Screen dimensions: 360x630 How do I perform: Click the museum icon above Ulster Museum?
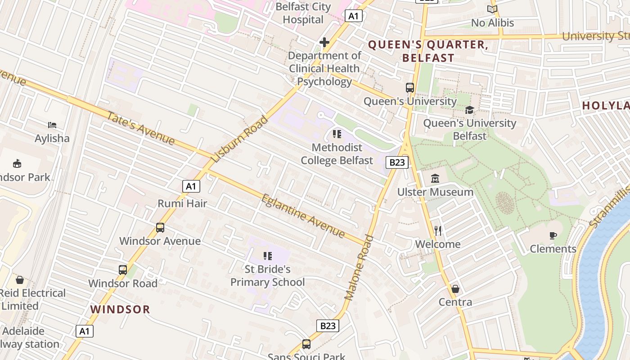435,179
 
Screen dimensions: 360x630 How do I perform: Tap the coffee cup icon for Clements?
553,235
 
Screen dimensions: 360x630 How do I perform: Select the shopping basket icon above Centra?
455,288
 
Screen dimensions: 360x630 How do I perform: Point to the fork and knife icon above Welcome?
438,231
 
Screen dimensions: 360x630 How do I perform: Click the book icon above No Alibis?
492,9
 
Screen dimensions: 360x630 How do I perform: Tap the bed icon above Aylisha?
52,125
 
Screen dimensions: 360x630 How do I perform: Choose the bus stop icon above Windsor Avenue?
160,227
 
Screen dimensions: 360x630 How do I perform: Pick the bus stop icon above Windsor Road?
123,270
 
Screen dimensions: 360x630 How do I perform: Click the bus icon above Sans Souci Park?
306,344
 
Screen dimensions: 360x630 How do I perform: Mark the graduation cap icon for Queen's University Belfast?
469,110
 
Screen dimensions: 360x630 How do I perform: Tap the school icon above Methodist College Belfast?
337,134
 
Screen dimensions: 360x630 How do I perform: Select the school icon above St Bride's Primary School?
268,256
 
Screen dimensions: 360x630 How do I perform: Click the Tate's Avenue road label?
140,128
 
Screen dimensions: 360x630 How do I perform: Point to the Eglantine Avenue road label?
303,216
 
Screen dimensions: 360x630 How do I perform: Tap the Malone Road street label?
359,268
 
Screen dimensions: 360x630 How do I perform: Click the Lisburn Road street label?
239,139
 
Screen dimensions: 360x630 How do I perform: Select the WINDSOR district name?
120,309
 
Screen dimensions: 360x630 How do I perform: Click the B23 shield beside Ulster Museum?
397,162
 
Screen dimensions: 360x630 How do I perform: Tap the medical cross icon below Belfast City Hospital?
324,42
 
